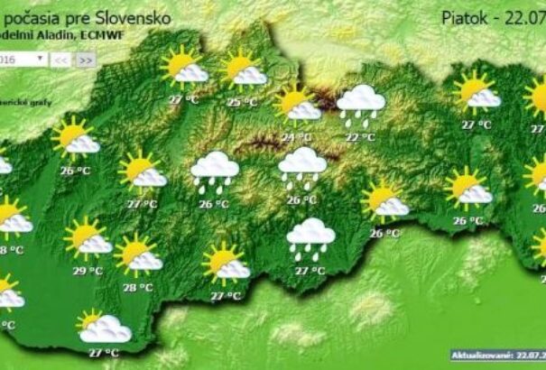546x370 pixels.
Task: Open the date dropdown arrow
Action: pyautogui.click(x=41, y=59)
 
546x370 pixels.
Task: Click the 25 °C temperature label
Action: pyautogui.click(x=241, y=103)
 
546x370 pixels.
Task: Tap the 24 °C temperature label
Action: pyautogui.click(x=295, y=137)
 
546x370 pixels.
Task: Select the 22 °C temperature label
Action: pyautogui.click(x=360, y=137)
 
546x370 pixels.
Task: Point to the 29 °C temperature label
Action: pyautogui.click(x=87, y=270)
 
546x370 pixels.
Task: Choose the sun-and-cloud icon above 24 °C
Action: pyautogui.click(x=298, y=105)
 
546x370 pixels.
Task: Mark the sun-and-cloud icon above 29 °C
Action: pyautogui.click(x=88, y=238)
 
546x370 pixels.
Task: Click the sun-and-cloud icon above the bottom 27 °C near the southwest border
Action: pyautogui.click(x=104, y=327)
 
